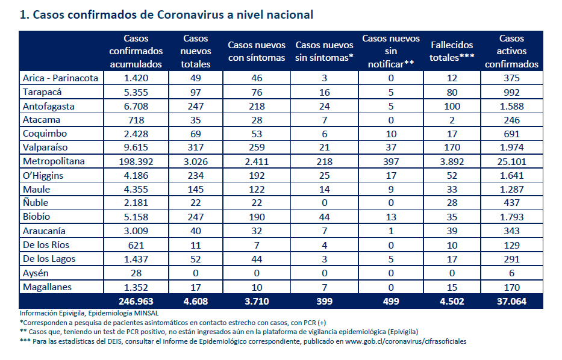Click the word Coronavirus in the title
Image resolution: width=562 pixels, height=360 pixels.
[x=190, y=14]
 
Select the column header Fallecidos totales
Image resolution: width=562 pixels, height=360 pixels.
[x=452, y=51]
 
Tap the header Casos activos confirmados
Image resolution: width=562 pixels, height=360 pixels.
[x=511, y=51]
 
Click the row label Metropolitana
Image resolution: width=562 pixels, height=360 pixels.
[x=54, y=161]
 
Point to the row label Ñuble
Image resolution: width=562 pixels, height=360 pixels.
[x=36, y=202]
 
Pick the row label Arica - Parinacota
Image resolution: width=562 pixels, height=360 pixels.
[x=60, y=78]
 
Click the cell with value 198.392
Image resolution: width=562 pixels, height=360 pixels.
[x=136, y=161]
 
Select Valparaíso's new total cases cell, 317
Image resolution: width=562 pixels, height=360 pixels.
[x=195, y=147]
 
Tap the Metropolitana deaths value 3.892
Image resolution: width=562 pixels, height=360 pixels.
[x=452, y=161]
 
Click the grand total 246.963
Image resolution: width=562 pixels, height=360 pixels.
[x=136, y=301]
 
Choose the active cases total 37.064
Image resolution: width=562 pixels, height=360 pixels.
[x=511, y=301]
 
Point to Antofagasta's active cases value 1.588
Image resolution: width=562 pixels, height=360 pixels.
[x=511, y=107]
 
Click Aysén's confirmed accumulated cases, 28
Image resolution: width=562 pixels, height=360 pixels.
[x=136, y=273]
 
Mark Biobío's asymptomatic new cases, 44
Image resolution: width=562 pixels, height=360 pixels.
[x=324, y=217]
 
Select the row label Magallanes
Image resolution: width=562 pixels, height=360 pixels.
[x=47, y=287]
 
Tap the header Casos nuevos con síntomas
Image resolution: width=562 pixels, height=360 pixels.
[x=257, y=51]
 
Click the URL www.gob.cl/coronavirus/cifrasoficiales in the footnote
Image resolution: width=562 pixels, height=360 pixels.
[x=406, y=341]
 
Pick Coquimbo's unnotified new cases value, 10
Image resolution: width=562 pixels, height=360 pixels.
[x=391, y=134]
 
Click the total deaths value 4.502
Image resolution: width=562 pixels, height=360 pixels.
[x=452, y=301]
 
